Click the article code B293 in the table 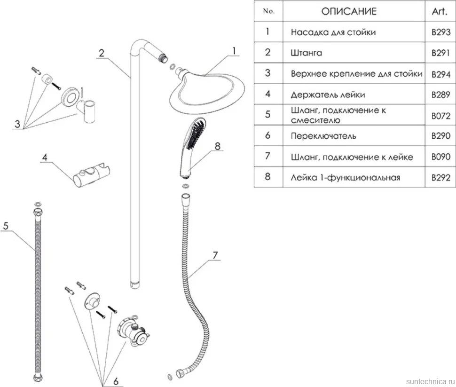pyautogui.click(x=440, y=32)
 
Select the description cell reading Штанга pyautogui.click(x=306, y=53)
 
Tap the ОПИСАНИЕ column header pyautogui.click(x=349, y=11)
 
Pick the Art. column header pyautogui.click(x=439, y=11)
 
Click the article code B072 pyautogui.click(x=440, y=116)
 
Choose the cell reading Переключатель pyautogui.click(x=323, y=136)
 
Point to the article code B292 pyautogui.click(x=440, y=177)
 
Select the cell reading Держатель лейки pyautogui.click(x=328, y=95)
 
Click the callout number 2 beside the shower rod pyautogui.click(x=102, y=53)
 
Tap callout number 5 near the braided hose pyautogui.click(x=6, y=226)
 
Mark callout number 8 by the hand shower pyautogui.click(x=218, y=146)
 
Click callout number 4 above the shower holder pyautogui.click(x=45, y=158)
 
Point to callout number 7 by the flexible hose pyautogui.click(x=215, y=255)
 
